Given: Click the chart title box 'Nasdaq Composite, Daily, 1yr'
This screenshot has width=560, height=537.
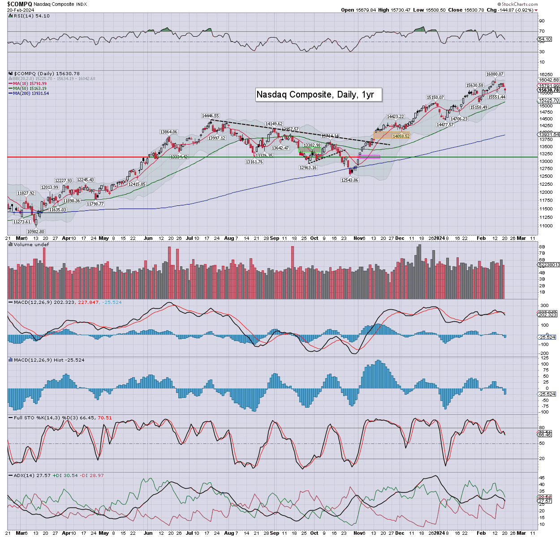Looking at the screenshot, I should coord(319,94).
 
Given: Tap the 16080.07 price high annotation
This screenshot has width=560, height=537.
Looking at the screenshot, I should coord(495,74).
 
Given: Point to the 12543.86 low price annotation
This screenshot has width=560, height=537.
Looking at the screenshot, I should coord(349,180).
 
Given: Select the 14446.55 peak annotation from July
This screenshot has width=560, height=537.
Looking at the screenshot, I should coord(210,116).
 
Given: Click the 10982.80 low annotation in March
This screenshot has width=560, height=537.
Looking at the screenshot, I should coord(36,231).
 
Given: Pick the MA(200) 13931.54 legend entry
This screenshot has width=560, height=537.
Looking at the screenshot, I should coord(31,93).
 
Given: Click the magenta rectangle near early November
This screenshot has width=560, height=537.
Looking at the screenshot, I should coord(369,157).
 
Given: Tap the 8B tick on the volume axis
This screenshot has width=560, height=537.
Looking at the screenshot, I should coord(541,247).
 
